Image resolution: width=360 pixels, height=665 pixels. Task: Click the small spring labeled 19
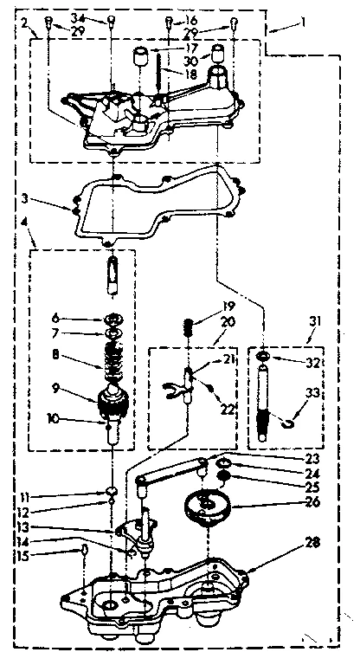(x=187, y=327)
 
